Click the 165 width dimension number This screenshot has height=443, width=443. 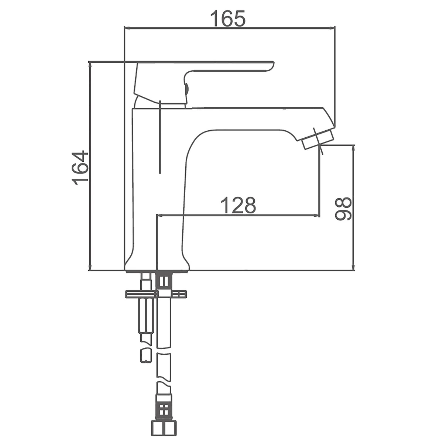228,18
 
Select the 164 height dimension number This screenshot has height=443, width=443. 80,168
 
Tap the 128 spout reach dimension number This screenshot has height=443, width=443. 238,205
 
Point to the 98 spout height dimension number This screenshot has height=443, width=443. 343,209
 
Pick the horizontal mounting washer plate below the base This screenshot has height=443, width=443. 156,294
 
